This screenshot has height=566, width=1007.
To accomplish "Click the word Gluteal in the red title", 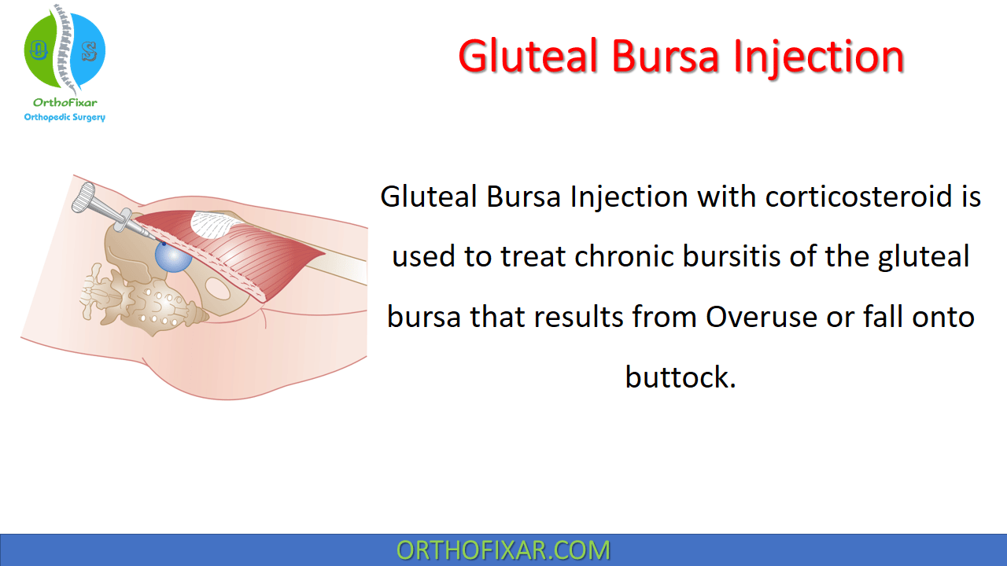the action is tap(528, 57).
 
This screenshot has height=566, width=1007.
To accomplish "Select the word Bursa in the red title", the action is tap(666, 57).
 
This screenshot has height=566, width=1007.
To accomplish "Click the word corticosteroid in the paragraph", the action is tap(858, 197).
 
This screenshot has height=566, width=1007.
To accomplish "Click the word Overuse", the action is tap(761, 317).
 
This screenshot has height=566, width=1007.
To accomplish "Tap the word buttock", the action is tap(681, 377).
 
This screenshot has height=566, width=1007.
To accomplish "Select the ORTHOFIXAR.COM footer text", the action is tap(503, 550).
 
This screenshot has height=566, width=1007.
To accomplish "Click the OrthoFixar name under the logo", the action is tap(65, 103).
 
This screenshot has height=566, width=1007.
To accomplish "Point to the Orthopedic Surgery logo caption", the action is tap(65, 117).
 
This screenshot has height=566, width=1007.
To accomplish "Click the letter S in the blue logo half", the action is tap(89, 52).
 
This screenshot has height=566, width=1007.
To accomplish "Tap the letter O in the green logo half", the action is tap(39, 50).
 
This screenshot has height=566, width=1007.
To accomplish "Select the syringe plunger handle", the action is tap(83, 197).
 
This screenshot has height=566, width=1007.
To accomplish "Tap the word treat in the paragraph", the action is tap(533, 256).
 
